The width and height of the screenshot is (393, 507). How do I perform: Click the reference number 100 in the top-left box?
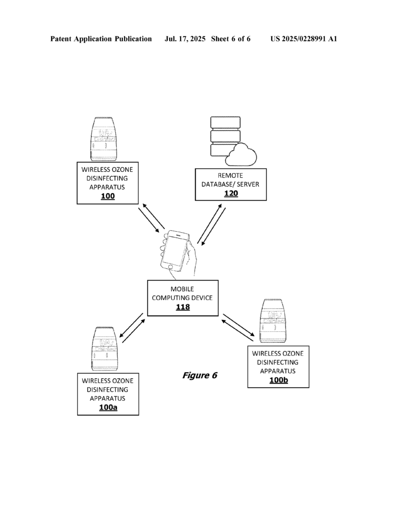[107, 197]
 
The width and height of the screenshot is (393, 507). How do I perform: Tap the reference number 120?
[231, 193]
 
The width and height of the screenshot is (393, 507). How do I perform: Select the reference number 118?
[183, 307]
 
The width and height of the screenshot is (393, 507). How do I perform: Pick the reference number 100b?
[278, 380]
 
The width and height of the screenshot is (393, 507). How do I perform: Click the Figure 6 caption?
[199, 375]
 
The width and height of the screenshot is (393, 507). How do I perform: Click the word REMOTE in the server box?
[231, 176]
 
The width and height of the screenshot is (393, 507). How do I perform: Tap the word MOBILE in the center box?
[183, 289]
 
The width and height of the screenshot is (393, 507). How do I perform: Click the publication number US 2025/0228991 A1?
[303, 39]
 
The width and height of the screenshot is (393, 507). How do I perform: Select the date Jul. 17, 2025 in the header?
[186, 39]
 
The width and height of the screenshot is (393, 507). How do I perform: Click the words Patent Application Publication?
[101, 39]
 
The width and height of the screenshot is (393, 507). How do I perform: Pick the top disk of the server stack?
[225, 121]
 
